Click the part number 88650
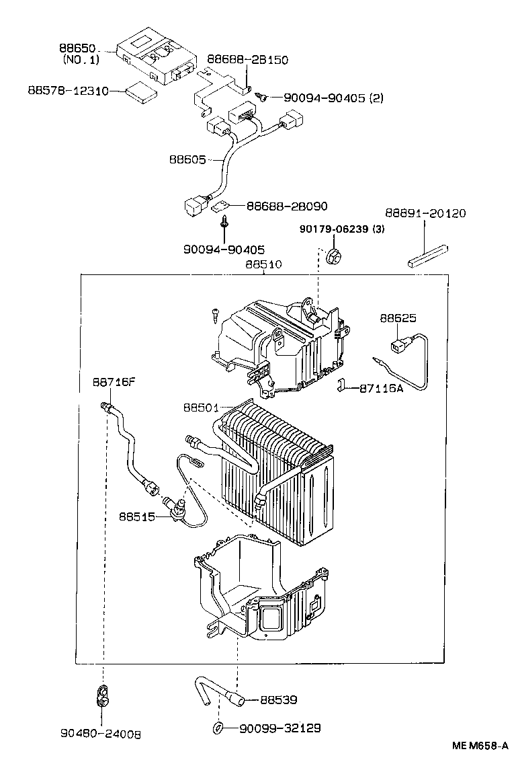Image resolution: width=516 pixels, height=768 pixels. pyautogui.click(x=79, y=49)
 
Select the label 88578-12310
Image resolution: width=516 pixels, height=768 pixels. pyautogui.click(x=68, y=90)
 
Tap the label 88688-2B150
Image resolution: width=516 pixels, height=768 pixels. pyautogui.click(x=247, y=60)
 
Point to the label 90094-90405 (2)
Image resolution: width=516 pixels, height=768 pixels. pyautogui.click(x=333, y=98)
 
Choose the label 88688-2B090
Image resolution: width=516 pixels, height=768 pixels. pyautogui.click(x=287, y=206)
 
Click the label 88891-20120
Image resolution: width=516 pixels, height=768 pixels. pyautogui.click(x=425, y=213)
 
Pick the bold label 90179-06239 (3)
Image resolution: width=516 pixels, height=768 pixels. pyautogui.click(x=342, y=229)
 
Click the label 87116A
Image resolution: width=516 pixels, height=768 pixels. pyautogui.click(x=381, y=388)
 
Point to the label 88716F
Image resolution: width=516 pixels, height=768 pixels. pyautogui.click(x=114, y=382)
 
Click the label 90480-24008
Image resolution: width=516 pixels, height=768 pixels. pyautogui.click(x=101, y=734)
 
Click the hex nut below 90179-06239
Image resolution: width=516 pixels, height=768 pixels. pyautogui.click(x=331, y=256)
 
